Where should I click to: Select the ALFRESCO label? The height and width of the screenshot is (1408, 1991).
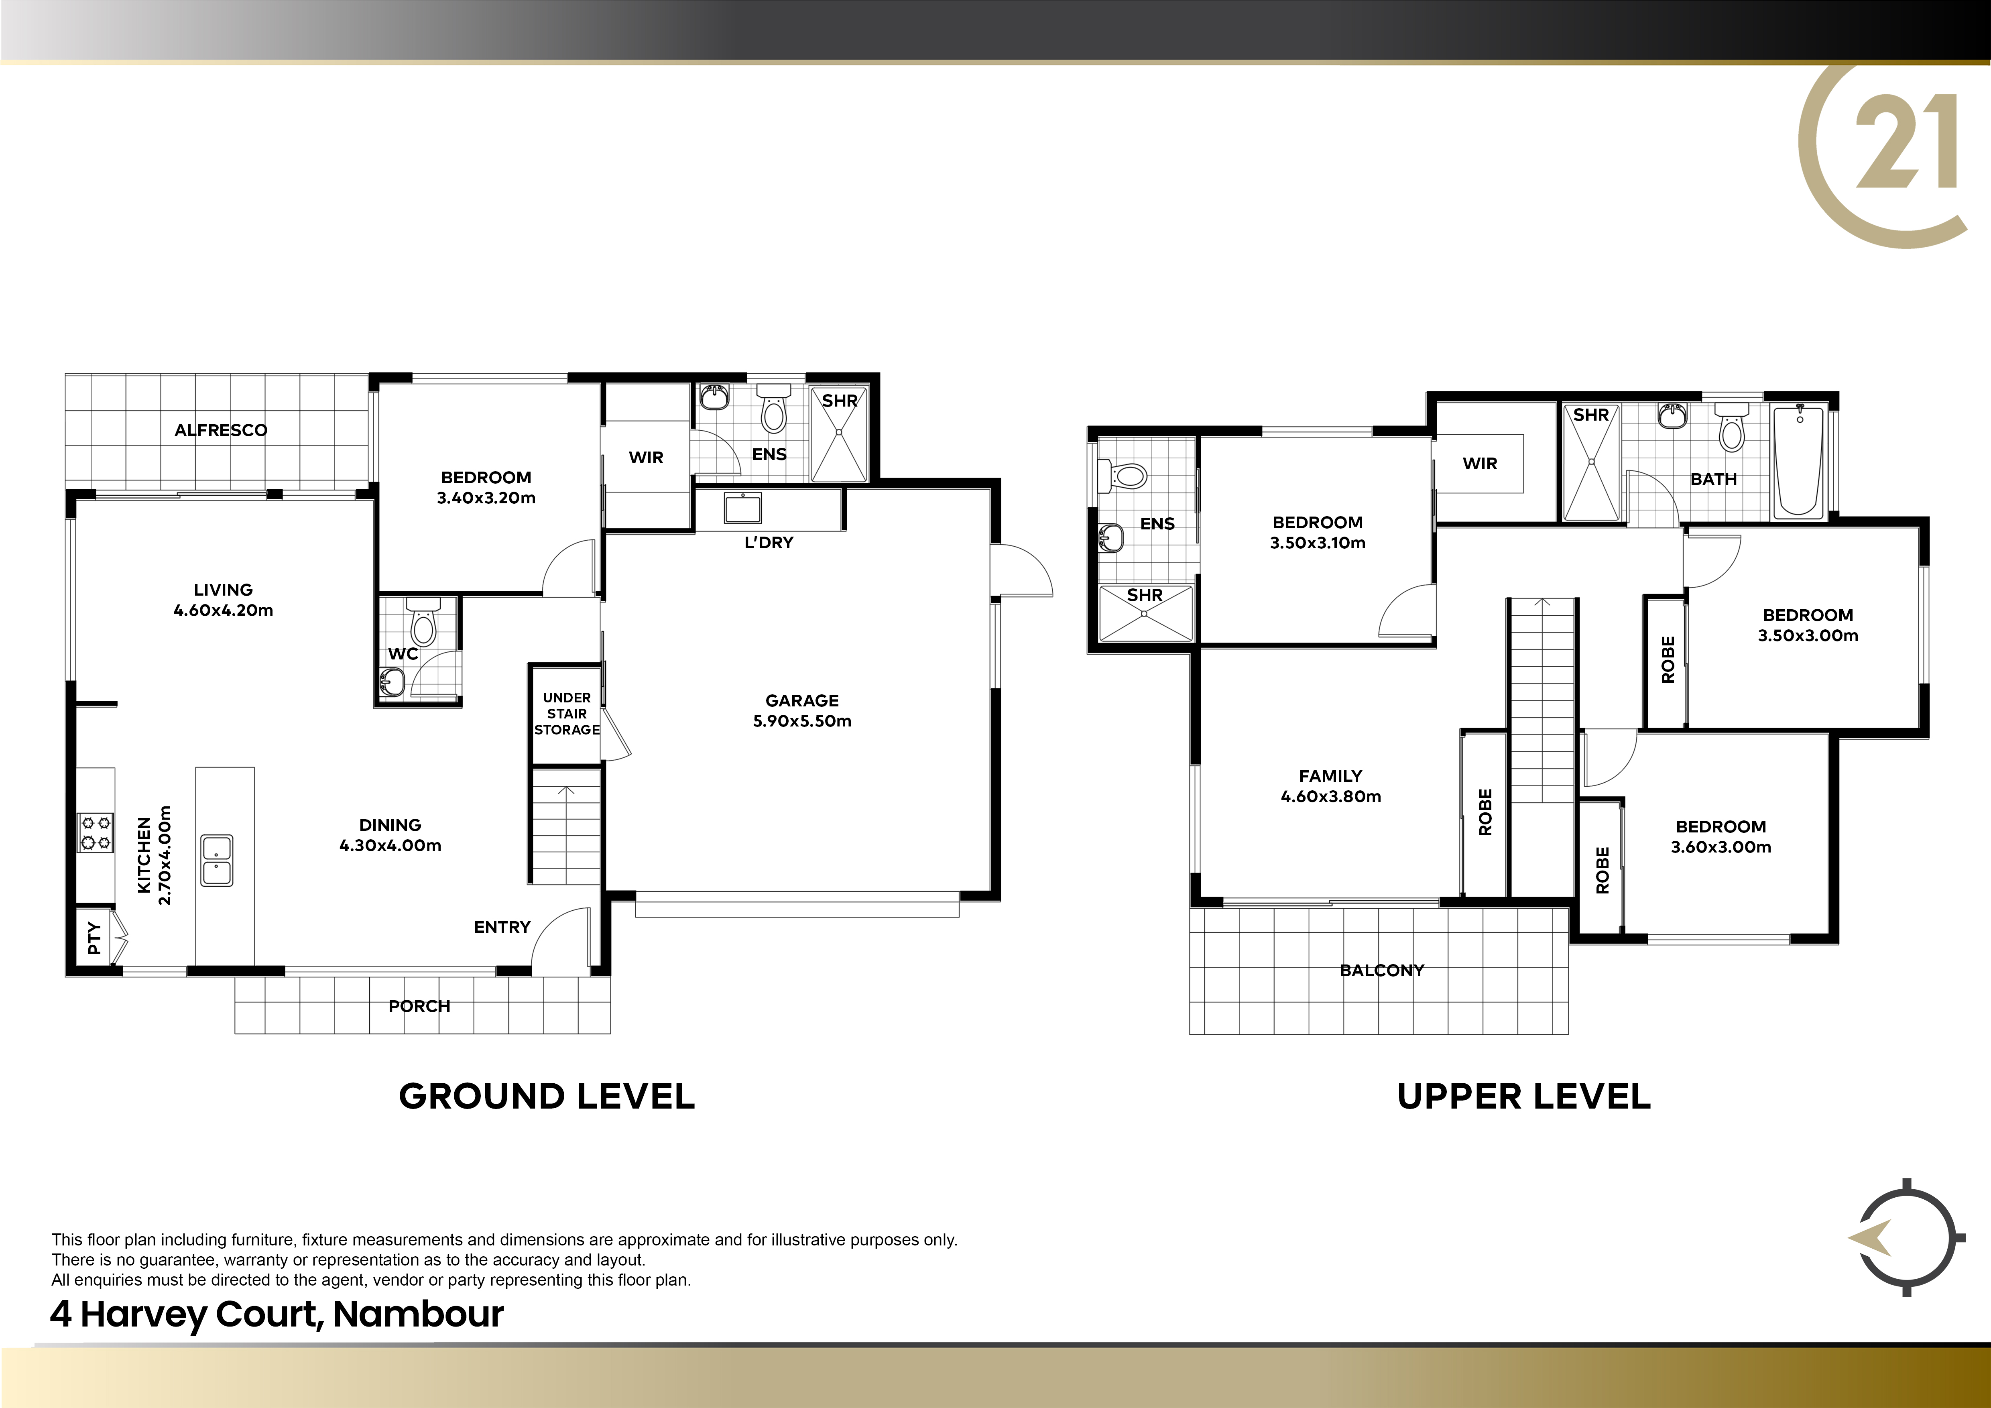coord(221,430)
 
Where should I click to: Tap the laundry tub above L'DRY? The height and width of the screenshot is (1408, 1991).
coord(741,509)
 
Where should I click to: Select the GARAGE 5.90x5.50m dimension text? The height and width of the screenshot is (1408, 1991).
coord(802,720)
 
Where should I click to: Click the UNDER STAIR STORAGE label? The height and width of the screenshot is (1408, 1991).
coord(566,714)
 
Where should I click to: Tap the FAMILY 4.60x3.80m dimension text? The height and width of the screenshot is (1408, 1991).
coord(1331,796)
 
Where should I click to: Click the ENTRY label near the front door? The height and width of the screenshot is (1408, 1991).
coord(502,927)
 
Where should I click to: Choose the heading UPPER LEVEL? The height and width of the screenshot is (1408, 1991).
coord(1523,1097)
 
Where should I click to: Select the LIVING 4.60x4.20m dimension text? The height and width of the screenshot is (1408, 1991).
coord(224,610)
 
